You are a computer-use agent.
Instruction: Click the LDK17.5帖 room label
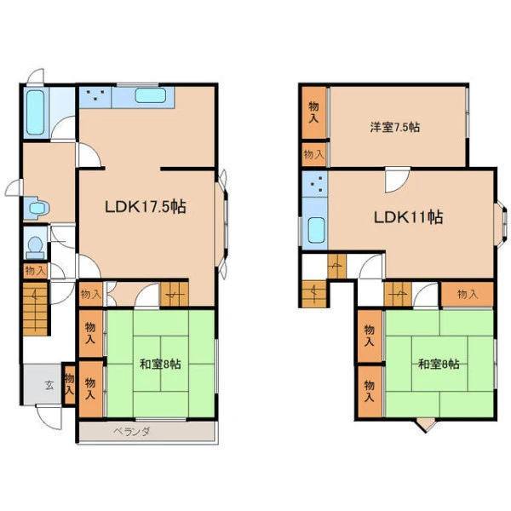pyautogui.click(x=146, y=207)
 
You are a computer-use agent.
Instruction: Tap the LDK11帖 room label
pyautogui.click(x=408, y=217)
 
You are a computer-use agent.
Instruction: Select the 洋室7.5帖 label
pyautogui.click(x=394, y=127)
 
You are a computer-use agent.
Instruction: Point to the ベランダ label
pyautogui.click(x=132, y=432)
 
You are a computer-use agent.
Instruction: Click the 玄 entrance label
pyautogui.click(x=49, y=386)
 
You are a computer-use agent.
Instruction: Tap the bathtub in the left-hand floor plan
pyautogui.click(x=35, y=112)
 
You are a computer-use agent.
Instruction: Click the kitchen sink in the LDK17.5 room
pyautogui.click(x=150, y=95)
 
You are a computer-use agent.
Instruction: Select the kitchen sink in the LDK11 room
pyautogui.click(x=316, y=230)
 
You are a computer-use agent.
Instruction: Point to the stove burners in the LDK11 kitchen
pyautogui.click(x=317, y=184)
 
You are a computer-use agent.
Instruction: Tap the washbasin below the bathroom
pyautogui.click(x=37, y=207)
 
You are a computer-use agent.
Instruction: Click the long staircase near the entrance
pyautogui.click(x=35, y=308)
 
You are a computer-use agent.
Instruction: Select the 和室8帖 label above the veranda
pyautogui.click(x=160, y=364)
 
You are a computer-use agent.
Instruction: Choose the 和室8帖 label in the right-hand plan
pyautogui.click(x=439, y=364)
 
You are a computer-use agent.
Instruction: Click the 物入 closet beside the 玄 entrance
pyautogui.click(x=69, y=385)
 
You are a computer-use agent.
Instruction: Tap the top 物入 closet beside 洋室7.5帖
pyautogui.click(x=313, y=112)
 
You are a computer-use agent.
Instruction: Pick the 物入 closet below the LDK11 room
pyautogui.click(x=468, y=295)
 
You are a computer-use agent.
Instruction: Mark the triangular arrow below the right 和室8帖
pyautogui.click(x=426, y=426)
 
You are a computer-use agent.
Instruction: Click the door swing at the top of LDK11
pyautogui.click(x=398, y=180)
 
